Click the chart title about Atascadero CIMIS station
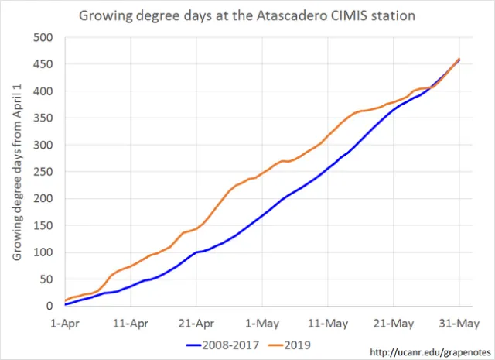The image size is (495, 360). tap(248, 15)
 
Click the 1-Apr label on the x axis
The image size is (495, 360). tap(65, 321)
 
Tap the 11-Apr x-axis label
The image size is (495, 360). tap(131, 321)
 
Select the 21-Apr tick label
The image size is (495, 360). tap(196, 321)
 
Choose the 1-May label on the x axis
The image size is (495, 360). tap(262, 321)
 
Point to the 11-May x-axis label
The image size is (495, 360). tap(328, 321)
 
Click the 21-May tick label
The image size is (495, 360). tap(394, 321)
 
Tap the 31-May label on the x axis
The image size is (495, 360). tap(459, 321)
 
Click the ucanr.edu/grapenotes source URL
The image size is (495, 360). tap(428, 352)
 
